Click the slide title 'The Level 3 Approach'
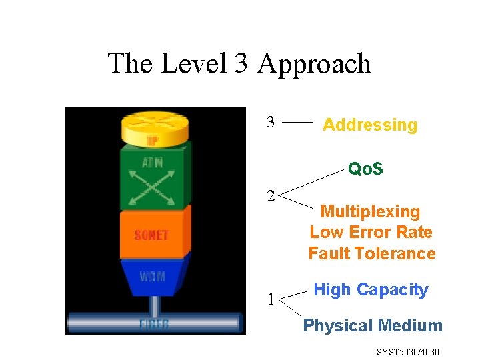point(239,64)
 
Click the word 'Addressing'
point(370,125)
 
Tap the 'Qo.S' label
point(365,169)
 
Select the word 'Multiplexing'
point(371,212)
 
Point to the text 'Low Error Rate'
point(371,233)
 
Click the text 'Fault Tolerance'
point(371,253)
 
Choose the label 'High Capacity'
point(371,290)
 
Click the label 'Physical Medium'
point(373,325)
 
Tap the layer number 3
point(271,122)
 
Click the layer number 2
point(271,196)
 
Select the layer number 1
point(271,299)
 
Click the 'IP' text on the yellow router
point(153,141)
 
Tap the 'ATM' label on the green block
point(153,163)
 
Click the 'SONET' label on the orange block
point(151,235)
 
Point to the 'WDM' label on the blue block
point(153,275)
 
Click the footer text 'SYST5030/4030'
point(408,351)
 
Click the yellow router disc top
point(155,123)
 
